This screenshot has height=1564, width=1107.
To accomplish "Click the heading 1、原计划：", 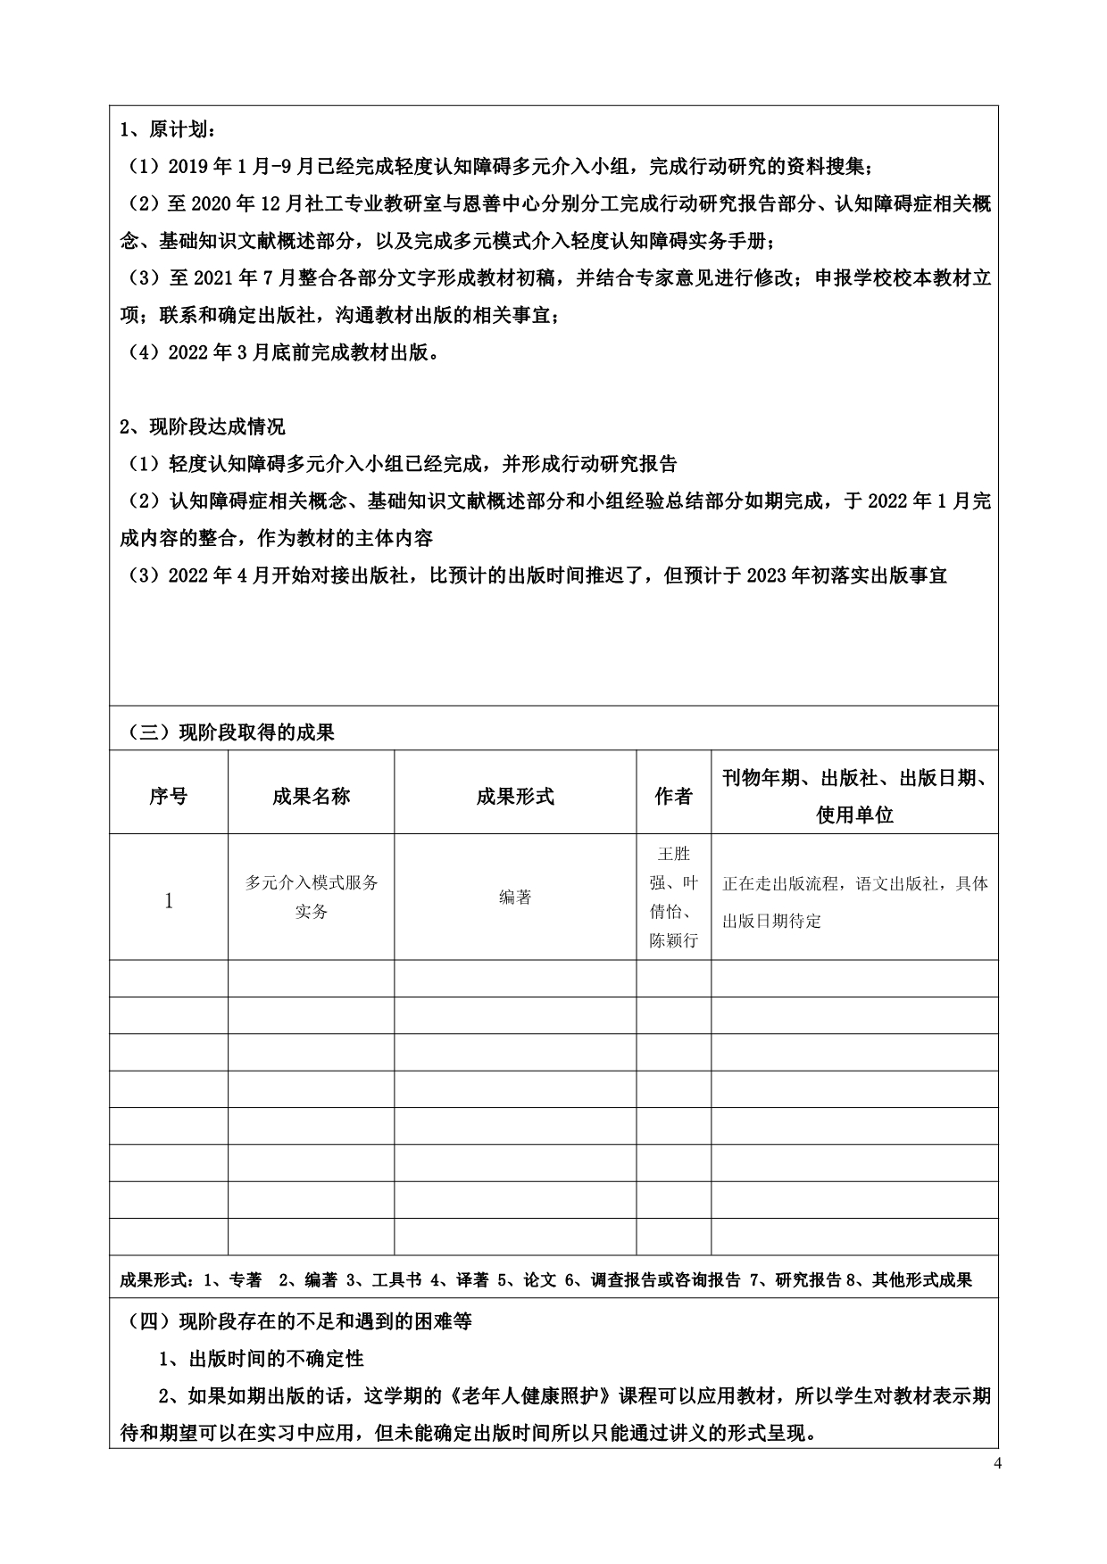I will coord(167,130).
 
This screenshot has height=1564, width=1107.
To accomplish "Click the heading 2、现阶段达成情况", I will coord(203,426).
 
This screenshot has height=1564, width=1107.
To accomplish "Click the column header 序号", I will coord(168,796).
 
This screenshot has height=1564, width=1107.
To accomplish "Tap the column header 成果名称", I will coord(311,796).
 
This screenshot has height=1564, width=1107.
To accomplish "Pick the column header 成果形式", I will coord(515,796).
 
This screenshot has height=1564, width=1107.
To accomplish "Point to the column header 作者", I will coord(673,796).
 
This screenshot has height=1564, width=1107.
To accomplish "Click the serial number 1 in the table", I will coord(168,900).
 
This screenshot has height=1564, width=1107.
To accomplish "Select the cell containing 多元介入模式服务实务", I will coord(311,897).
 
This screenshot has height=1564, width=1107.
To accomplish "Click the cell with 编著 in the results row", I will coord(515,898).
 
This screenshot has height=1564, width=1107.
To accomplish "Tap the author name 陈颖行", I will coord(674,940).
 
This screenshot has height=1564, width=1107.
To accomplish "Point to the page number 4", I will coord(998,1487).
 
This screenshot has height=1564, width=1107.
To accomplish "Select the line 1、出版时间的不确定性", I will coord(262,1359).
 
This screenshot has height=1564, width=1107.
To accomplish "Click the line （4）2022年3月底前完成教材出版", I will coord(283,352).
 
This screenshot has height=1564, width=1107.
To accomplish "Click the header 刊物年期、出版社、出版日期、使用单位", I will coord(854,796).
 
